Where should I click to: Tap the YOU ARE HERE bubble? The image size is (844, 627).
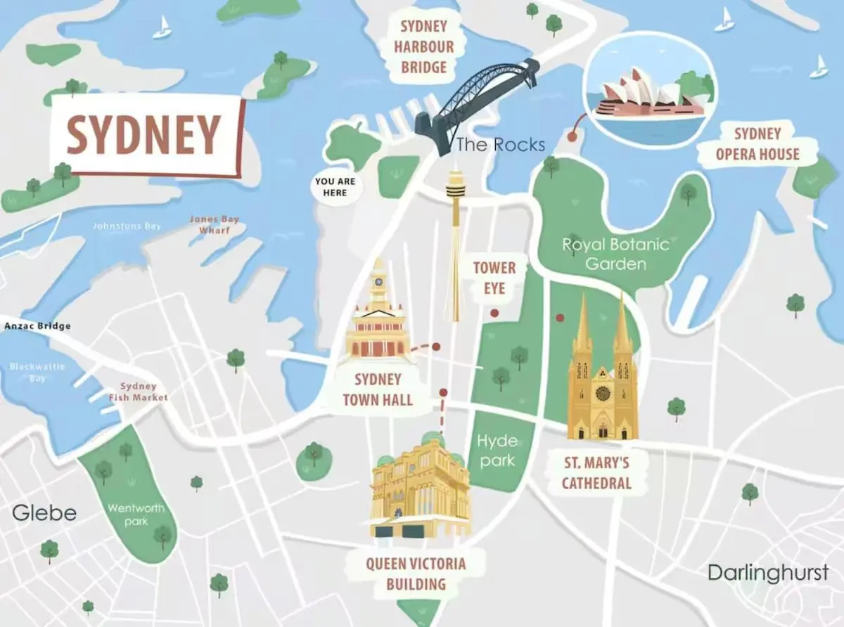coord(335,187)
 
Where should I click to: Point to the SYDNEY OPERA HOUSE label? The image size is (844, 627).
coord(757,144)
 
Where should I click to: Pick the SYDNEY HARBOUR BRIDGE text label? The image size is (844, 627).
coord(423,47)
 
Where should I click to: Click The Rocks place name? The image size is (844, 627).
coord(500,145)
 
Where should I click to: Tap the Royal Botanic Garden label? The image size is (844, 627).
coord(615,254)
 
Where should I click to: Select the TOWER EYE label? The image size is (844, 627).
coord(494,278)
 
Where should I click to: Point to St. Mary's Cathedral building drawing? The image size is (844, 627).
coord(603,376)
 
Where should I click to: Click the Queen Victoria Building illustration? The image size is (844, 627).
coord(420,489)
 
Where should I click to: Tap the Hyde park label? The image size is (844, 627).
coord(497,451)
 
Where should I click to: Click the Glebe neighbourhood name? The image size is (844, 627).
coord(44,512)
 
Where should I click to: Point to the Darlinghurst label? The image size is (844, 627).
coord(768,572)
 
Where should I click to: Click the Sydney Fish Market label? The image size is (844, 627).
coord(139,392)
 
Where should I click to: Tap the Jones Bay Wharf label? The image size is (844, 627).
coord(214,224)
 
